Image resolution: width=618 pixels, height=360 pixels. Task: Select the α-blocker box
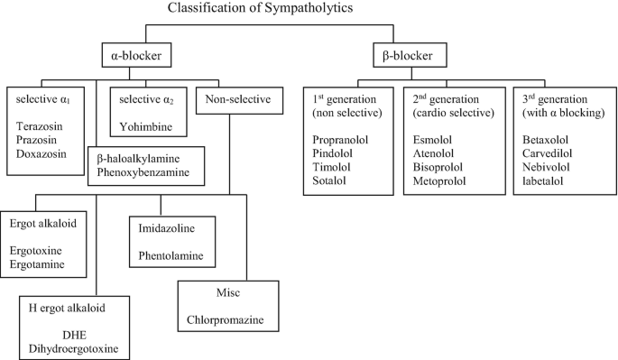click(136, 54)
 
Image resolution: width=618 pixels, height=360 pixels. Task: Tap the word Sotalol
click(330, 180)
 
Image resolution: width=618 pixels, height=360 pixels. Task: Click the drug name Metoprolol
click(440, 180)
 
